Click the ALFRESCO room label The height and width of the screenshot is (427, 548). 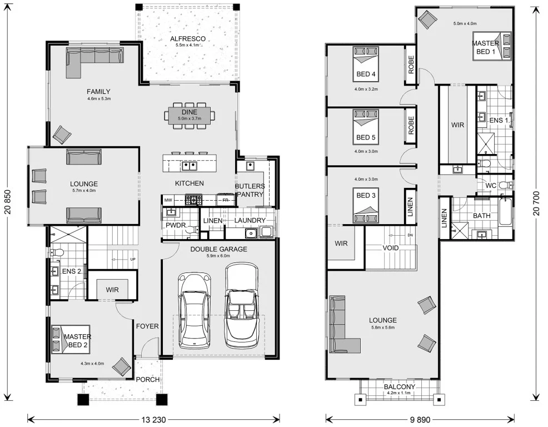(x=188, y=39)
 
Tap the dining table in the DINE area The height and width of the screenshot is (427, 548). (x=190, y=115)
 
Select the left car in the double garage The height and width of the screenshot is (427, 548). (x=195, y=311)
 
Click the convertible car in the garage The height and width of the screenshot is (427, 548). (x=242, y=305)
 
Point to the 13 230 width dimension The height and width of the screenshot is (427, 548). (x=154, y=419)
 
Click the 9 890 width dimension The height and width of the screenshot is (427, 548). (x=420, y=419)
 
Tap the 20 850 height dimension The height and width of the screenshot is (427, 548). (x=8, y=202)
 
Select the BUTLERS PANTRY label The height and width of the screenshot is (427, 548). (x=250, y=190)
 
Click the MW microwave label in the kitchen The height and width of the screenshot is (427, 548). (x=168, y=200)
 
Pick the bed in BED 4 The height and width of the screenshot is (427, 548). (x=366, y=63)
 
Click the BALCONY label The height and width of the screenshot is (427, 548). (x=400, y=387)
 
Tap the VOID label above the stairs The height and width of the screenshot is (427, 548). (x=390, y=248)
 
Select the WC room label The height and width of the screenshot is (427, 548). (x=491, y=186)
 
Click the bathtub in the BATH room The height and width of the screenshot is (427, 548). (x=505, y=212)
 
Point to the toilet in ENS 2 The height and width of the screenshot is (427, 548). (x=57, y=252)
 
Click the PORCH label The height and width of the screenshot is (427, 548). (x=147, y=379)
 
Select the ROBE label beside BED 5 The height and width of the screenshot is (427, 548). (x=411, y=126)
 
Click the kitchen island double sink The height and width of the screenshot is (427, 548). (x=190, y=166)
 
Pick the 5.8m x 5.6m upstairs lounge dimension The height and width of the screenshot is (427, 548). (x=383, y=327)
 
